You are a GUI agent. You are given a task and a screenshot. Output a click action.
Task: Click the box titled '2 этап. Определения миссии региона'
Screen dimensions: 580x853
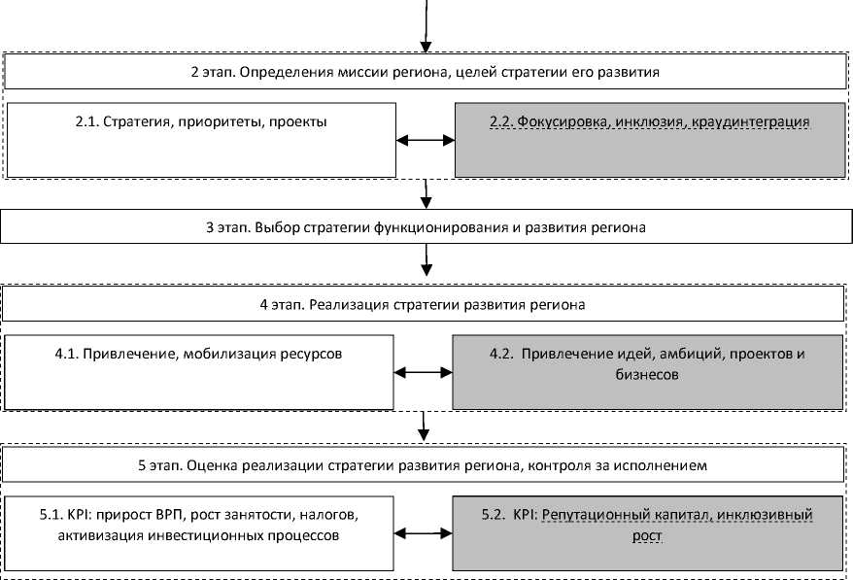click(426, 72)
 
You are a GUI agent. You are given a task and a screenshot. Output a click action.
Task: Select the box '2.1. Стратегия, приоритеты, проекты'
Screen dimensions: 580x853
click(201, 140)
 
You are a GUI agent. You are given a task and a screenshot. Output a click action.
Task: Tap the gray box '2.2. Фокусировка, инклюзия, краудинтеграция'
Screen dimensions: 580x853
click(649, 140)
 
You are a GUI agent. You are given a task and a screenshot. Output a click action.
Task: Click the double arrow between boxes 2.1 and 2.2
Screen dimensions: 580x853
click(426, 141)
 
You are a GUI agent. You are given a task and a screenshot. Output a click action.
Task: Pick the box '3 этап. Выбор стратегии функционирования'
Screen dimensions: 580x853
click(426, 227)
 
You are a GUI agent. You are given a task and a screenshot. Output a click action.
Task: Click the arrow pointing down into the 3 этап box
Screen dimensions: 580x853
click(426, 197)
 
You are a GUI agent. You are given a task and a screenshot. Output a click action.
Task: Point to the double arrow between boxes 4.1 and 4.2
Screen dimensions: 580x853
click(425, 373)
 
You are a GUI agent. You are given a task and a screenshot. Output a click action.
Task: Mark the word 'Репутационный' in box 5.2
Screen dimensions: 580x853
click(593, 515)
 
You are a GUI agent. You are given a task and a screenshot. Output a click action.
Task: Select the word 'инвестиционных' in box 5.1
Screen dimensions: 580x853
click(194, 535)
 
